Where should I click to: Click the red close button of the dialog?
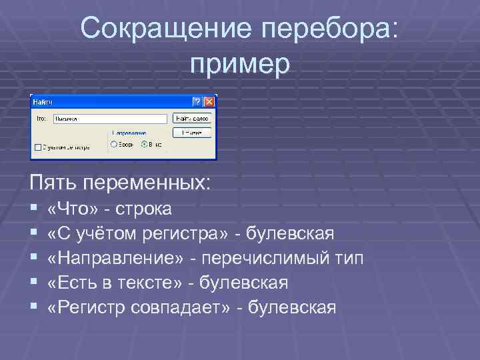click(209, 101)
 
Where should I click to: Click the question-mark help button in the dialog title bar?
click(197, 101)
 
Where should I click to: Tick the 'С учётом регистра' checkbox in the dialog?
click(37, 147)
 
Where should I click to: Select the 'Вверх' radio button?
click(114, 143)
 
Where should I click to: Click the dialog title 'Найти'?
click(43, 101)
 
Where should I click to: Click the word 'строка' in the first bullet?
click(144, 209)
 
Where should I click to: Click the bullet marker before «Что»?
click(34, 209)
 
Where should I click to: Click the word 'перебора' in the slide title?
click(333, 29)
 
